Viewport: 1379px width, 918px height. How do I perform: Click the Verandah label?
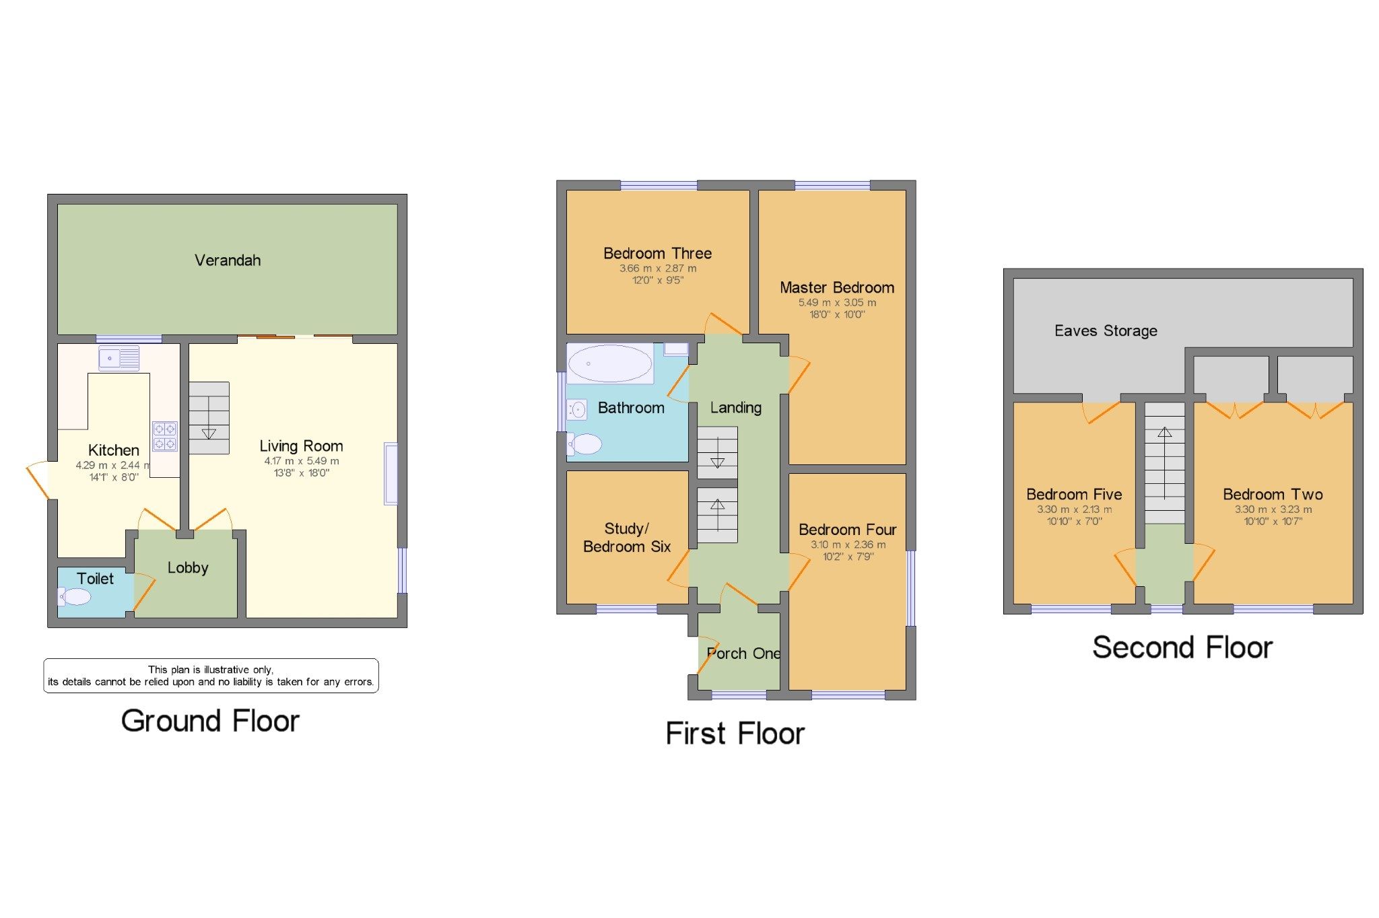click(228, 260)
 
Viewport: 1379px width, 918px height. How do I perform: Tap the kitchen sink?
click(119, 358)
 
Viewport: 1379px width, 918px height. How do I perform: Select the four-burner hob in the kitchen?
click(164, 435)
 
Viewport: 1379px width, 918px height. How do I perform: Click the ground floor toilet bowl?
click(75, 596)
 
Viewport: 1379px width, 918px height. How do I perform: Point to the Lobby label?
click(188, 567)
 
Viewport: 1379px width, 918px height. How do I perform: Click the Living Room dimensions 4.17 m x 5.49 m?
click(301, 461)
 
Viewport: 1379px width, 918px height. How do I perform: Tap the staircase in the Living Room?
click(209, 418)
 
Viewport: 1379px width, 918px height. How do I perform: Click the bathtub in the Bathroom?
click(609, 363)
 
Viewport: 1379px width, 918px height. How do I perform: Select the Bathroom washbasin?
click(577, 409)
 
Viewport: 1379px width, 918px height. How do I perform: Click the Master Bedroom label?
click(837, 287)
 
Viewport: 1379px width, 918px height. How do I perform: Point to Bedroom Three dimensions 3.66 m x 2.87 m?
click(658, 268)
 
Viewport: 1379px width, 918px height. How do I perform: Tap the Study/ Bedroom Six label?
click(627, 538)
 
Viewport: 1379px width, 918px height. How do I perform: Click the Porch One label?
click(743, 653)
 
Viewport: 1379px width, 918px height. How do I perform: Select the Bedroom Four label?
click(847, 530)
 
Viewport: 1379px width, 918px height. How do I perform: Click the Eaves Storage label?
click(1106, 330)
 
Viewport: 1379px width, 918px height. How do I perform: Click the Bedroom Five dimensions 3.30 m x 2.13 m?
click(1074, 509)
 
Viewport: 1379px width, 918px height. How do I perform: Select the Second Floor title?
click(1182, 647)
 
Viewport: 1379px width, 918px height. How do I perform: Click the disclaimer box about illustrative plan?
click(211, 675)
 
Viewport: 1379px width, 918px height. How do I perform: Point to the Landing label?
click(735, 407)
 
